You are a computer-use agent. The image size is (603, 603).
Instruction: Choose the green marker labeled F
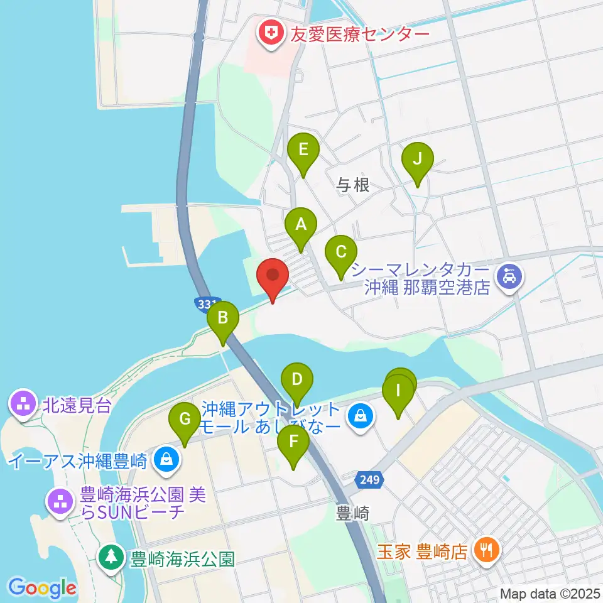click(x=293, y=442)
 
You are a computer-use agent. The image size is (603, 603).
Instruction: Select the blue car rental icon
click(x=508, y=276)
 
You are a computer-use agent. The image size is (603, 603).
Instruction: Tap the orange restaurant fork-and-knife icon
click(x=486, y=551)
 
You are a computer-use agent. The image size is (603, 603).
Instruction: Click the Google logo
click(x=42, y=588)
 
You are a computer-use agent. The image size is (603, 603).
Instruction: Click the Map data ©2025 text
click(x=551, y=593)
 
